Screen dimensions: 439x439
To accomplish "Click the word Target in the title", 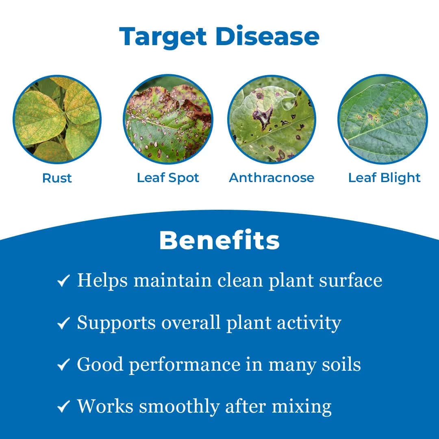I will pos(163,37).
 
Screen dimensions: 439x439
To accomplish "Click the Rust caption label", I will pos(57,178).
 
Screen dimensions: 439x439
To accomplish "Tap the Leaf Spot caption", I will pos(168,178).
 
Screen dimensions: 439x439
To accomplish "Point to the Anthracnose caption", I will pos(272,178).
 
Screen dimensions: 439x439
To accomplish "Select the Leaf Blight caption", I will pos(384,178).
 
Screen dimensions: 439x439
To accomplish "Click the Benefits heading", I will pos(219,241).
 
